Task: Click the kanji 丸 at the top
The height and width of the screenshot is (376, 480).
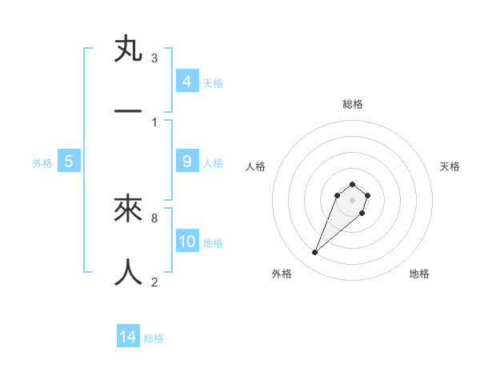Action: (x=128, y=50)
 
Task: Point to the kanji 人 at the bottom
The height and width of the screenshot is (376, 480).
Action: (x=128, y=272)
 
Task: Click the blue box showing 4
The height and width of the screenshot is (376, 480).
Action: (x=186, y=82)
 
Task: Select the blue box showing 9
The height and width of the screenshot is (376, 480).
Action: (x=186, y=162)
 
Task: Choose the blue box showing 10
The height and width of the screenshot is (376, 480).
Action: (x=186, y=242)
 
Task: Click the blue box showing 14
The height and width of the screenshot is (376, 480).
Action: (x=128, y=337)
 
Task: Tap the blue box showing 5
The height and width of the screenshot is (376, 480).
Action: (x=68, y=162)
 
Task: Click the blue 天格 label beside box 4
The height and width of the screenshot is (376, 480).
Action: (x=213, y=82)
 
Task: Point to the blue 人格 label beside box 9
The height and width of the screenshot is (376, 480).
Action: (x=213, y=162)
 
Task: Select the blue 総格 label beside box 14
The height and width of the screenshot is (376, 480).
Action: (x=154, y=338)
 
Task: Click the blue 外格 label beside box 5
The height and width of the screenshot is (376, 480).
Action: (x=42, y=162)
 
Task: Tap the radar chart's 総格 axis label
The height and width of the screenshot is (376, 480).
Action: (x=353, y=104)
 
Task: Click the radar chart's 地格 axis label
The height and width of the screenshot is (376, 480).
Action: (x=419, y=274)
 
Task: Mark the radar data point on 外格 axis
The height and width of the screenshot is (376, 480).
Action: (x=315, y=253)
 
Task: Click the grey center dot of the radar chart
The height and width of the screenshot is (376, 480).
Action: (x=353, y=200)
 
